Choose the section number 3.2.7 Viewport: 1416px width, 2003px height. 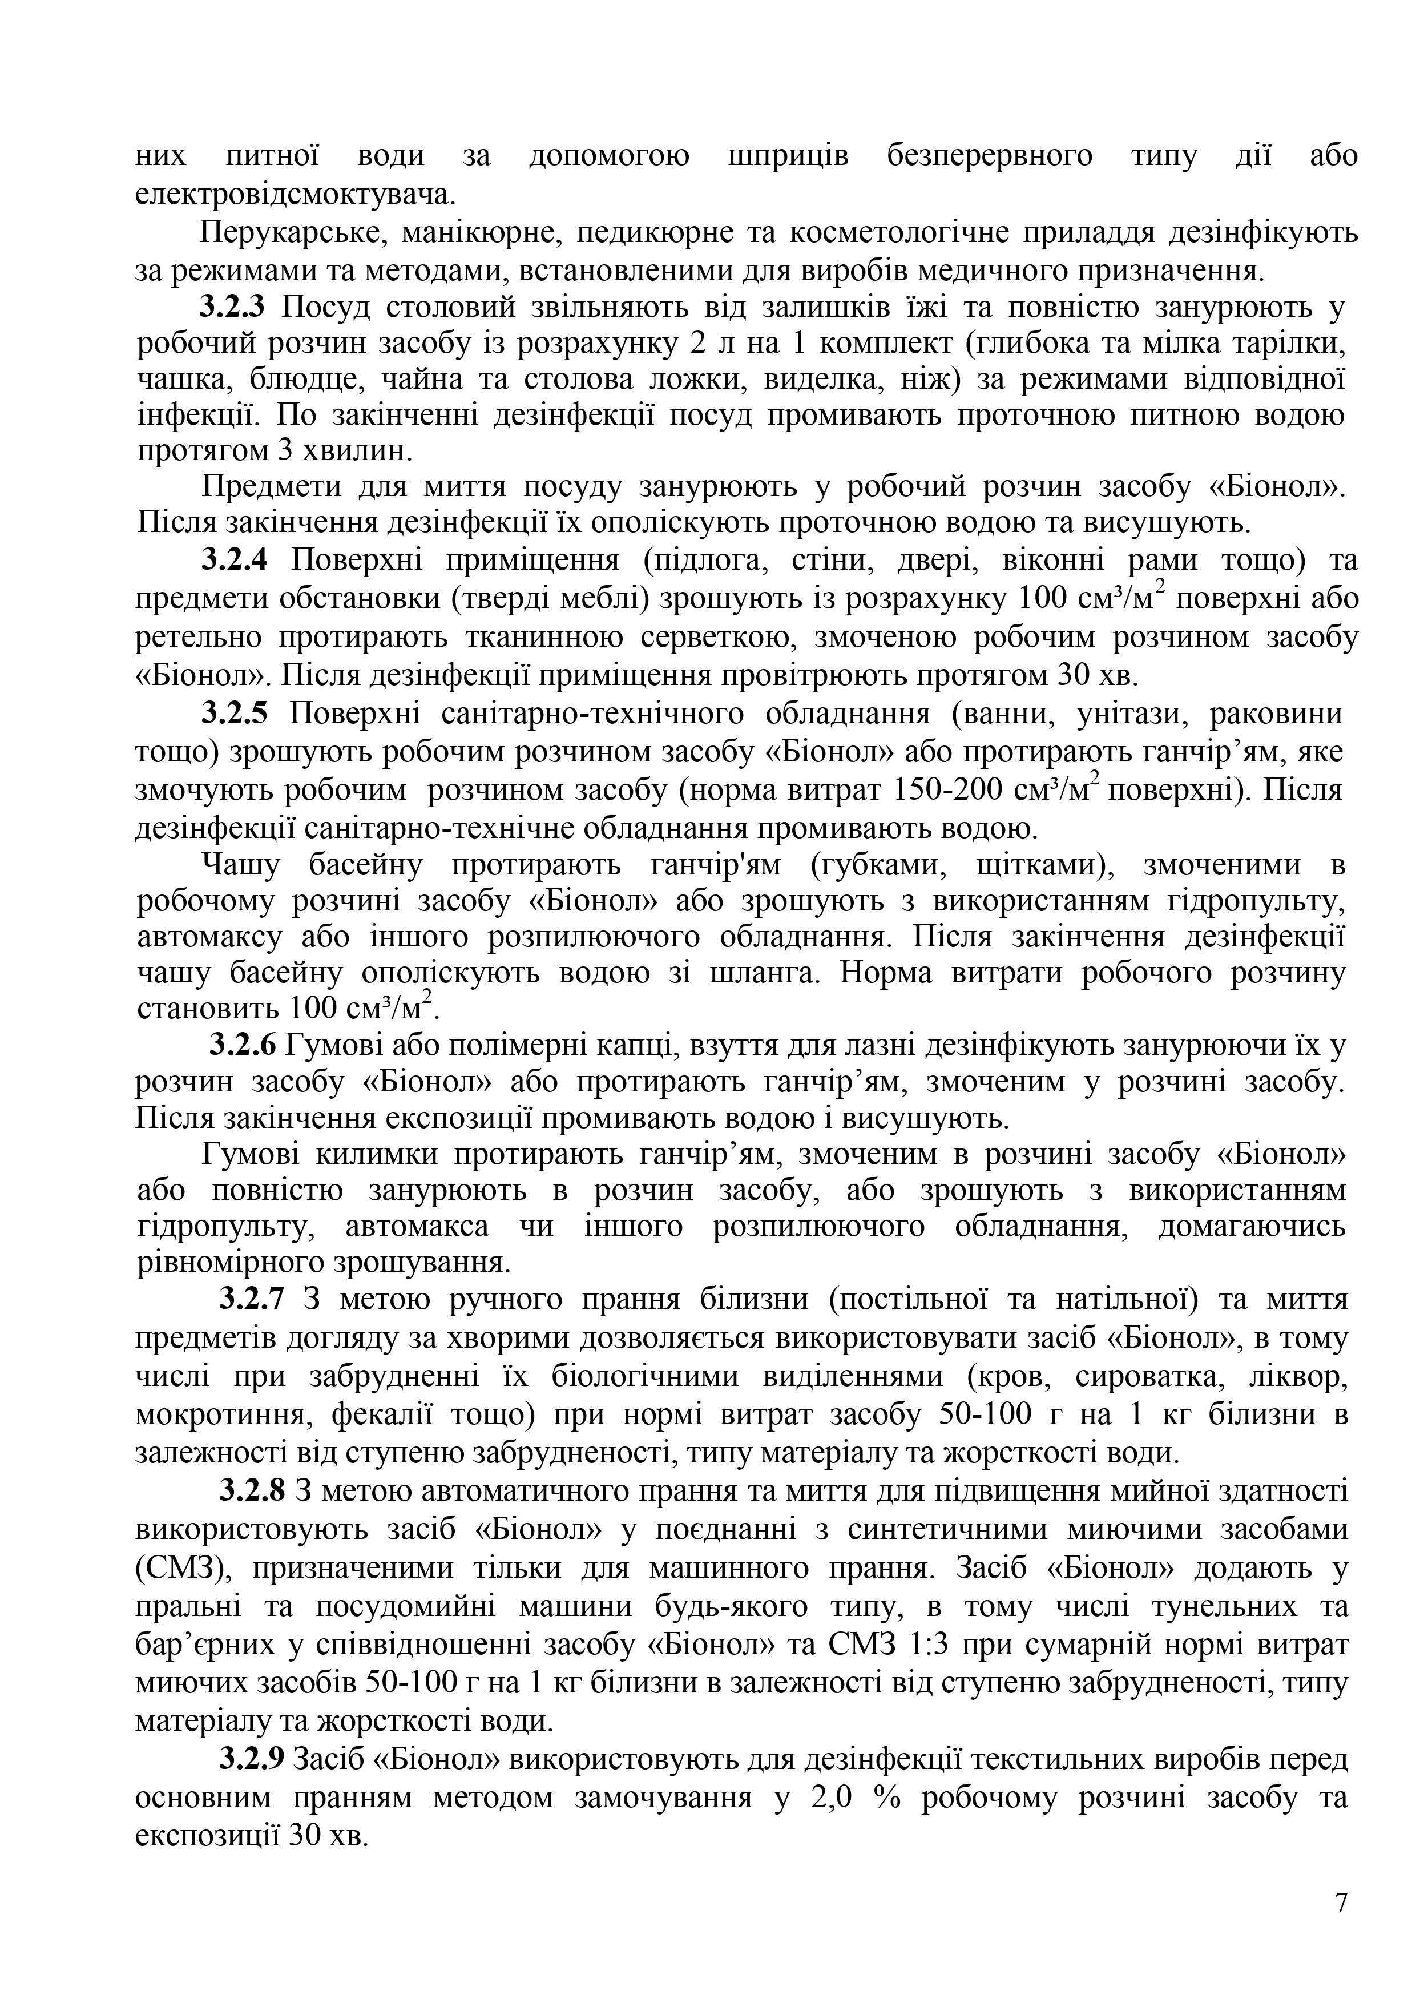click(251, 1300)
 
